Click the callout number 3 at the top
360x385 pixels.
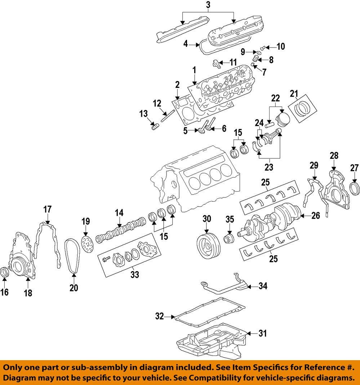click(208, 5)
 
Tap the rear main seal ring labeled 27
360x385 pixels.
click(355, 188)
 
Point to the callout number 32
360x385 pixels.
click(160, 317)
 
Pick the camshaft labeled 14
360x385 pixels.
click(121, 231)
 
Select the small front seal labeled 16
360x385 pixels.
click(5, 273)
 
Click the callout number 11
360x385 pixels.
click(233, 62)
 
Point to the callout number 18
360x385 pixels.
click(28, 293)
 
